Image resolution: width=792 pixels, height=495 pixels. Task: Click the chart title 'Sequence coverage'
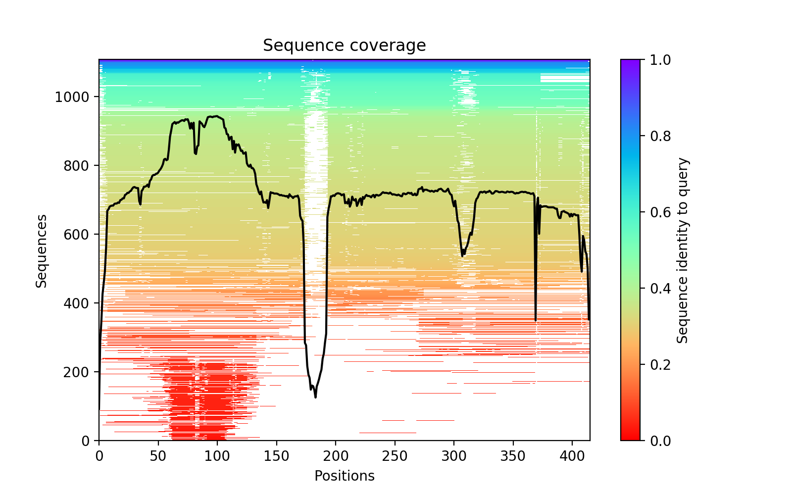344,46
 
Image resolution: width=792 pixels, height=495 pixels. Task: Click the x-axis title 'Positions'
344,476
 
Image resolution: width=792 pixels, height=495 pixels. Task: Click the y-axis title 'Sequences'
42,250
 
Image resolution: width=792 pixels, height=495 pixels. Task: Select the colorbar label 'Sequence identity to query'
683,250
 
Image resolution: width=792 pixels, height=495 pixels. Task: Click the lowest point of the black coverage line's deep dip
315,397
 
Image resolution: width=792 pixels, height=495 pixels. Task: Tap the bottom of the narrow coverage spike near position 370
536,321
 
